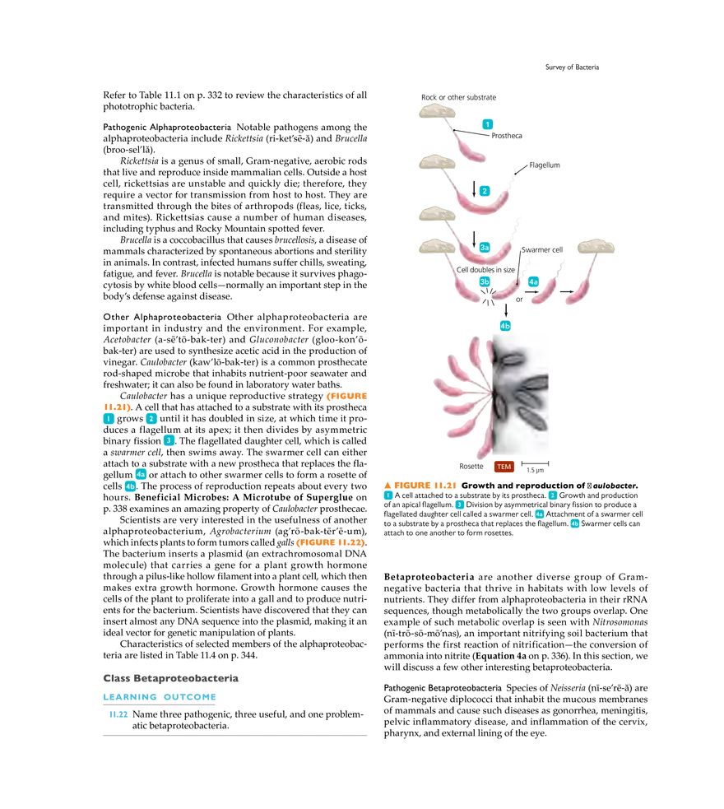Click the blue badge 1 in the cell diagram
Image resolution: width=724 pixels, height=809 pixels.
[x=488, y=123]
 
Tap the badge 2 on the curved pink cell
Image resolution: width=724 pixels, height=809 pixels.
[x=484, y=191]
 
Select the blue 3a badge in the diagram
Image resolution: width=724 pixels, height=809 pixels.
[x=485, y=247]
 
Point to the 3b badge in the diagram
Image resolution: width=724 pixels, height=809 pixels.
[x=485, y=281]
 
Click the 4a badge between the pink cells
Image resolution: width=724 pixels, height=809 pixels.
[x=533, y=282]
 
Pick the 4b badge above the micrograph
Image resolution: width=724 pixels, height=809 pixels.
[x=505, y=326]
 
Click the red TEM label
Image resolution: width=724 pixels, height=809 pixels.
[x=504, y=467]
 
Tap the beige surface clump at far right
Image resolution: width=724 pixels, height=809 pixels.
[x=595, y=246]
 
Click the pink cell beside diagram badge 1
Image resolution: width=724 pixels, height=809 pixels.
[x=471, y=149]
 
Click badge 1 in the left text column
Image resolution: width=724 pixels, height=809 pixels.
[x=108, y=419]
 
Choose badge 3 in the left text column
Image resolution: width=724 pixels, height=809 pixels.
[x=169, y=440]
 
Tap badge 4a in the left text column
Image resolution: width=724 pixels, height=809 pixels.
[x=141, y=474]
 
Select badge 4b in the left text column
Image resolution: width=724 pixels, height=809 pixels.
[x=129, y=486]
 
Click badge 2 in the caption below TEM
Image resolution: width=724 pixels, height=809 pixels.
[x=553, y=495]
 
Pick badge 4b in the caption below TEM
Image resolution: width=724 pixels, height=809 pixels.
[x=574, y=523]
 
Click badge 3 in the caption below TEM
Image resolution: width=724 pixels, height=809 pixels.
[x=459, y=504]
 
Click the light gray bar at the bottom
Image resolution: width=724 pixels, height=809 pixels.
[x=239, y=737]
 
